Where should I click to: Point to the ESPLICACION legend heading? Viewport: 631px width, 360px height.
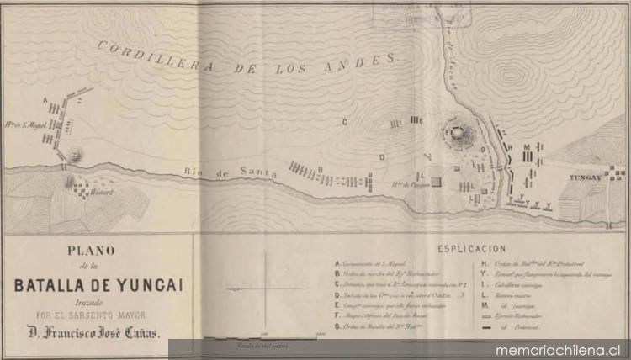(471, 250)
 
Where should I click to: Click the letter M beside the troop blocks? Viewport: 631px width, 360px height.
(526, 146)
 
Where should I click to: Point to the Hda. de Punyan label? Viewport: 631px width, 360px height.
(409, 183)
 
